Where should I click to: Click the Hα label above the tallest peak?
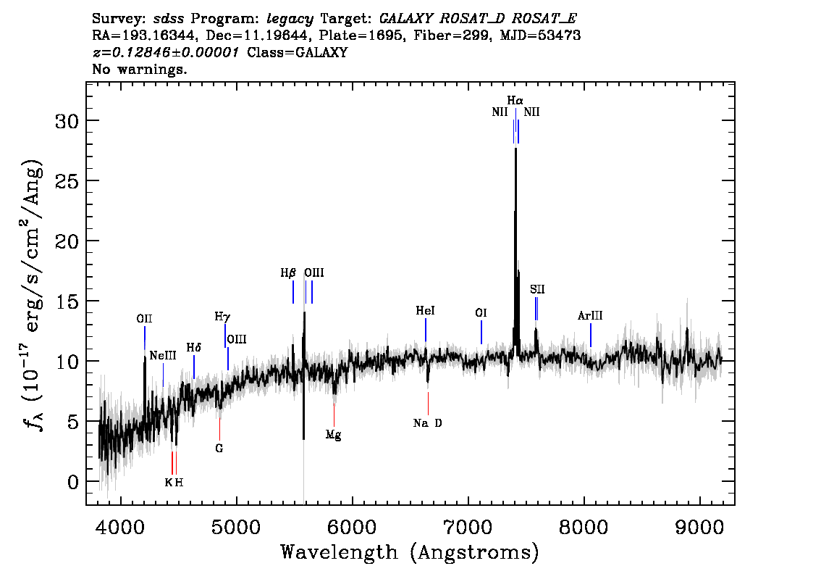coord(515,100)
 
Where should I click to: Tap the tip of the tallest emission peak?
coord(515,149)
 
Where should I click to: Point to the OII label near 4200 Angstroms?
coord(145,319)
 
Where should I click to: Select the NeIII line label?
coord(163,356)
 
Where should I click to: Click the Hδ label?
coord(194,347)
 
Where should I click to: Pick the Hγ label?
coord(222,317)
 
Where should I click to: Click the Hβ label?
coord(288,273)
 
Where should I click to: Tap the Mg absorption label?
coord(334,435)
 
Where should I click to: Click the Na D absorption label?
coord(428,423)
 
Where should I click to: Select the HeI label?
coord(425,311)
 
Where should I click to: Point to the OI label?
coord(481,313)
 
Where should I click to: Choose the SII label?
coord(537,289)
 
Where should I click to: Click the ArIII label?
coord(590,315)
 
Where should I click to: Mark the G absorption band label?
coord(219,449)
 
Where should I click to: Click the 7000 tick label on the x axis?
coord(468,527)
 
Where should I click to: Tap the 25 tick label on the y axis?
coord(67,181)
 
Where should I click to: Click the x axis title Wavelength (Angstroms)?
coord(410,553)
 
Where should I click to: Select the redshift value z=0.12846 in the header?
coord(166,52)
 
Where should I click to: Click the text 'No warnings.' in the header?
coord(139,69)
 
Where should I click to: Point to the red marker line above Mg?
coord(334,415)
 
